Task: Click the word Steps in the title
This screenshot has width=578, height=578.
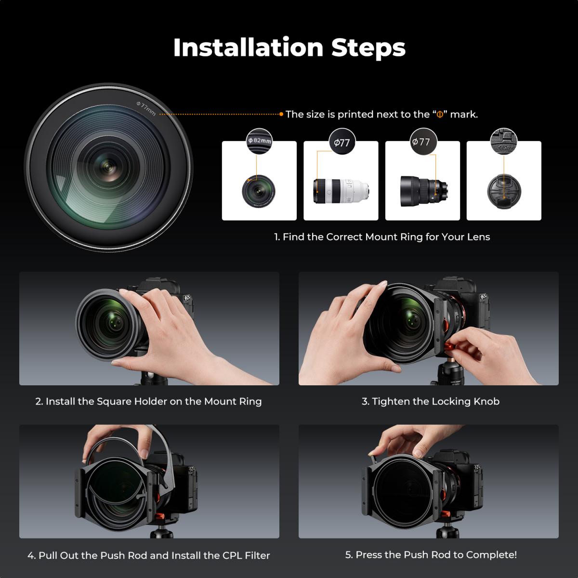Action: coord(368,48)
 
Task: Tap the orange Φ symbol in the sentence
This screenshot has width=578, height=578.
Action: coord(439,115)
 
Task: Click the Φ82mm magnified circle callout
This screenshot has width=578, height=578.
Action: coord(260,141)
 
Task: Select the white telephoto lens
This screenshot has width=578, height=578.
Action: coord(341,190)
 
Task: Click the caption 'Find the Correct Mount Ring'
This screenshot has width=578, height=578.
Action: coord(382,237)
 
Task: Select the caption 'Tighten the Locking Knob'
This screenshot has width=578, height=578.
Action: coord(431,402)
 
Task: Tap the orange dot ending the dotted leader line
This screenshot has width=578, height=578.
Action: coord(281,114)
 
